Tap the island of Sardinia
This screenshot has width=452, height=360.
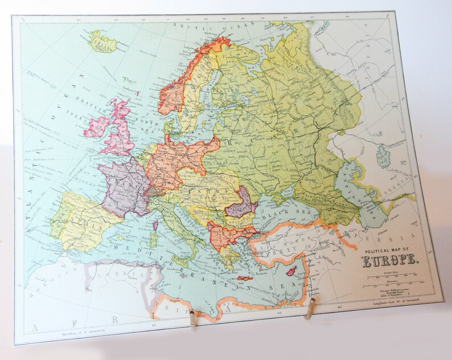click(x=153, y=238)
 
